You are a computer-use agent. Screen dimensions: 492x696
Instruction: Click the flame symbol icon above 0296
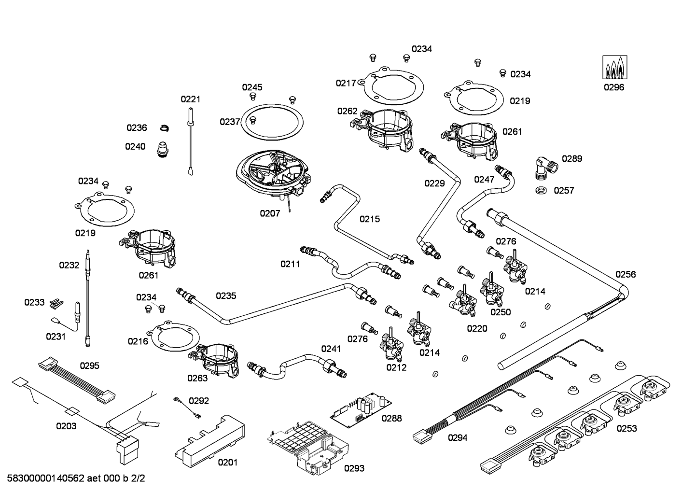[614, 68]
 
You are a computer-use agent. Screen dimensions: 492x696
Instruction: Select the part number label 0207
[270, 213]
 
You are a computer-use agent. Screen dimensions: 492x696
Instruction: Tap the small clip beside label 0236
[165, 128]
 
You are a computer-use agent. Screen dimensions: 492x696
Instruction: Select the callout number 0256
[626, 274]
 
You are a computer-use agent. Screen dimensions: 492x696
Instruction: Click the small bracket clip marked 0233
[56, 302]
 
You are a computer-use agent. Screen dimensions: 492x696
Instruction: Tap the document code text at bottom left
[76, 479]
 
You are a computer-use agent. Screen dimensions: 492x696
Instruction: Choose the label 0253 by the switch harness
[626, 428]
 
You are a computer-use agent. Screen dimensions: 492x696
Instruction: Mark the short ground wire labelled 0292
[187, 407]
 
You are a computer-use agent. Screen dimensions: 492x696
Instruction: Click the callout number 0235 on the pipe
[226, 296]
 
